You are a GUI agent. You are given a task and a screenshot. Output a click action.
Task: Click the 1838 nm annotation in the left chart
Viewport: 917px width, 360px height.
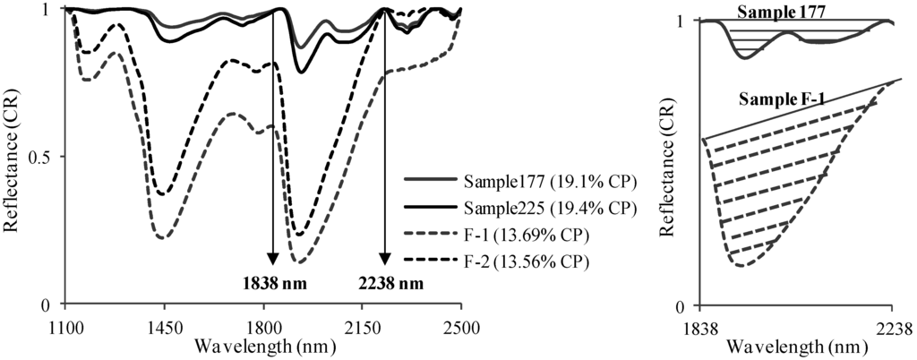click(271, 285)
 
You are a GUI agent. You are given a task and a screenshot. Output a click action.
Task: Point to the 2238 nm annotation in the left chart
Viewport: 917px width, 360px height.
click(386, 285)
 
